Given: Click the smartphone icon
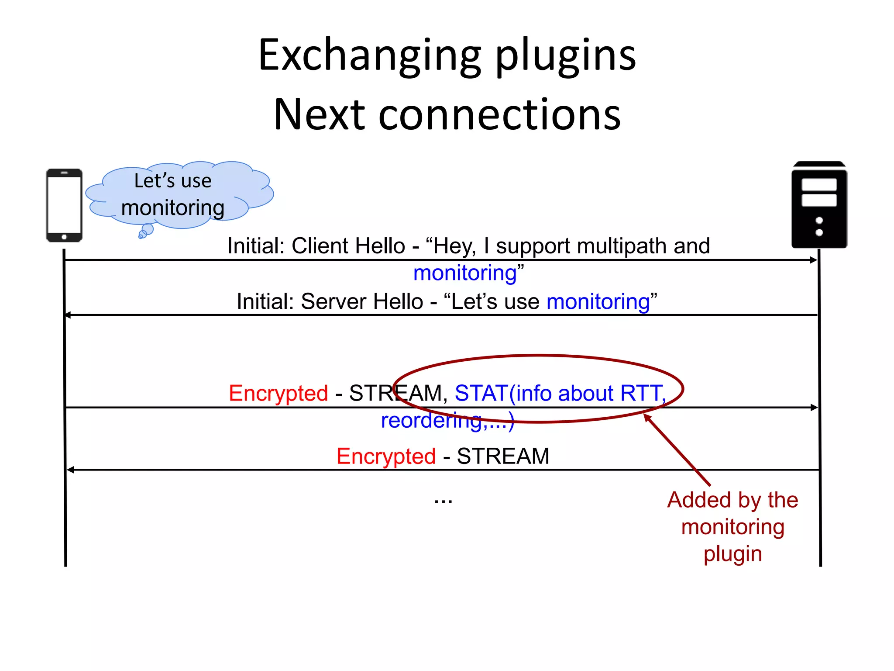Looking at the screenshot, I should click(64, 205).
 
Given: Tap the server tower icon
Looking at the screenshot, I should click(819, 205).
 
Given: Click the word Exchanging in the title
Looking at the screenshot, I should click(369, 56).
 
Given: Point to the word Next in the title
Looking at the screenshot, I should click(319, 114).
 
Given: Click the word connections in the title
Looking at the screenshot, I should click(499, 114).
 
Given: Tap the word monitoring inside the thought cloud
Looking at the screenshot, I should click(173, 208).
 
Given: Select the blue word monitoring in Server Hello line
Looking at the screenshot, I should click(598, 302).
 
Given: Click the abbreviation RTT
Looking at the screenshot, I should click(642, 393).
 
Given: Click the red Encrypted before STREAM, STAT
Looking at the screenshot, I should click(279, 393).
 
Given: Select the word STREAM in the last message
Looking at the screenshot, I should click(503, 457).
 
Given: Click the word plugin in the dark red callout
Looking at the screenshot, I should click(733, 554).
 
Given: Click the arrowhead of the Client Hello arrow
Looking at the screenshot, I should click(813, 260).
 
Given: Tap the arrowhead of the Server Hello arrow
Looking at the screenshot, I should click(68, 315).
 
